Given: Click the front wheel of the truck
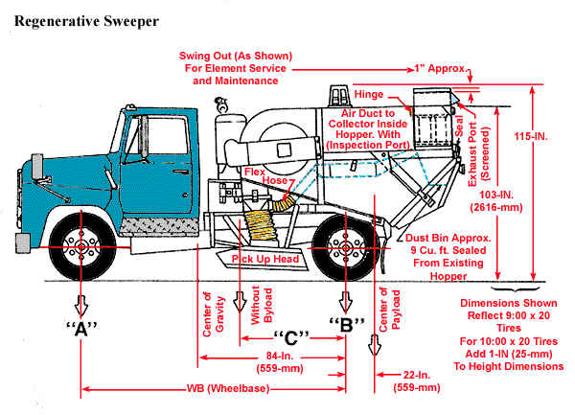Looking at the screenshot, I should pos(83,246).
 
